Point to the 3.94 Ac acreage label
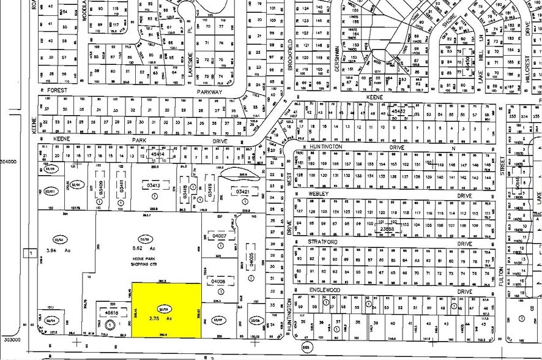pos(59,250)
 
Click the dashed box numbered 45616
pos(111,311)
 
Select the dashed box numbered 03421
pos(240,192)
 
